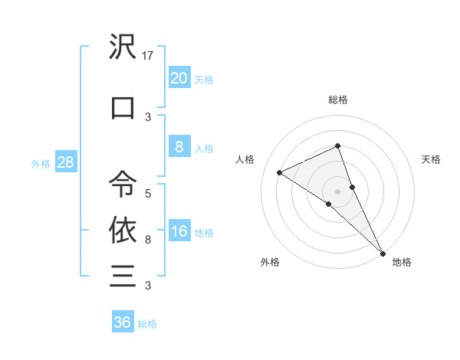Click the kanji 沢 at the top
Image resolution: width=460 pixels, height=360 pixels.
[123, 48]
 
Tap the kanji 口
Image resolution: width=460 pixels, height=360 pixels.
[123, 108]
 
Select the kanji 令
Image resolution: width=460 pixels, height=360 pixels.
[123, 184]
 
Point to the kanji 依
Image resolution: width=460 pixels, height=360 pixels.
[123, 229]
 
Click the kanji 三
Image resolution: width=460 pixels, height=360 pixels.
[123, 275]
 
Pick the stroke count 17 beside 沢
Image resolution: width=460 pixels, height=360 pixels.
[149, 56]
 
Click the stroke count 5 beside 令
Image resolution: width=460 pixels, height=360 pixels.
[148, 193]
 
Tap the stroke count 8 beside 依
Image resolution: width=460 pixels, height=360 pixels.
[148, 239]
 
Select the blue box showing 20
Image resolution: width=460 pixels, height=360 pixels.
[179, 78]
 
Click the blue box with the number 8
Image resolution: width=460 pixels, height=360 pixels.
[179, 147]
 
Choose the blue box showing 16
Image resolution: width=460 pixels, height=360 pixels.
[179, 232]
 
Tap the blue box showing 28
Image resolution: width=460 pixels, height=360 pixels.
[65, 163]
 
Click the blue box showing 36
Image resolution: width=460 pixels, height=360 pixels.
[122, 322]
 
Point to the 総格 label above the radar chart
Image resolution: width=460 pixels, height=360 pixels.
[338, 100]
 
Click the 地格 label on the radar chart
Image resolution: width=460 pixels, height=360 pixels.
[402, 262]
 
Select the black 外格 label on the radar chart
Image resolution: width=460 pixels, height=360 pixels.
[270, 262]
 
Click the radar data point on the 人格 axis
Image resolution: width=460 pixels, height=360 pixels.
[280, 172]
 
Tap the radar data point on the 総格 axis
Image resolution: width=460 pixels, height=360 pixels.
[338, 146]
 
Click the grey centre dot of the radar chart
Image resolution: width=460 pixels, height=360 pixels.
[338, 191]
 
